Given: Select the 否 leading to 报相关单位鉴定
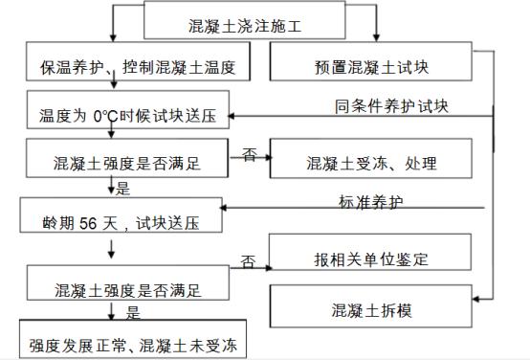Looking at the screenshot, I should (249, 259).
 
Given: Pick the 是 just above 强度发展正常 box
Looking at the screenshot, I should (133, 311).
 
